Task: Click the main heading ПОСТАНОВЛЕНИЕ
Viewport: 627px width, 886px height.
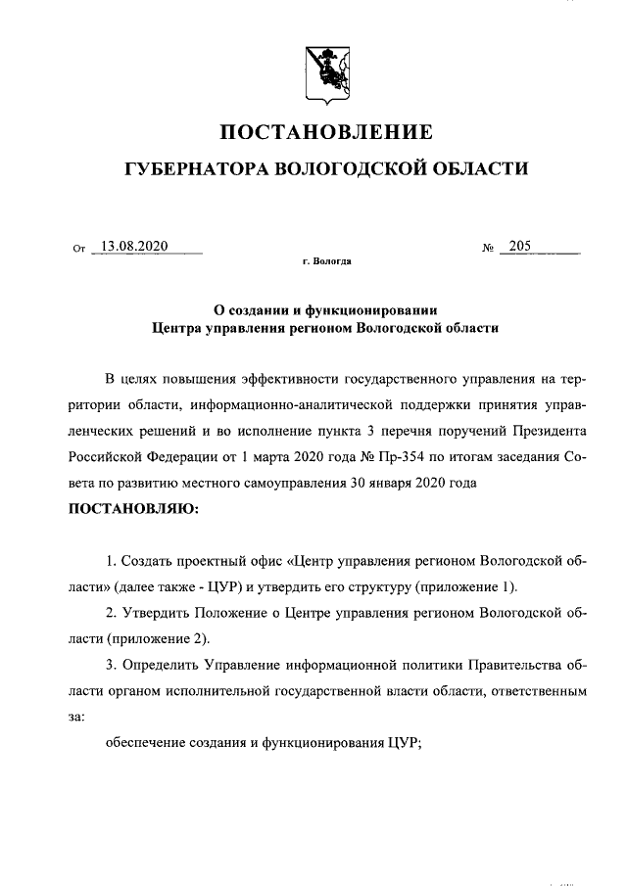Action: pos(324,132)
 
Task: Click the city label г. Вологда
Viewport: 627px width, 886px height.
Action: pos(327,263)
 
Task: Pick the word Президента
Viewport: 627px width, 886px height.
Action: pos(553,430)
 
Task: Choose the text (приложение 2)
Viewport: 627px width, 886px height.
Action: pos(159,638)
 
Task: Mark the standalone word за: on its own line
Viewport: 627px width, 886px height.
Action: pos(76,717)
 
